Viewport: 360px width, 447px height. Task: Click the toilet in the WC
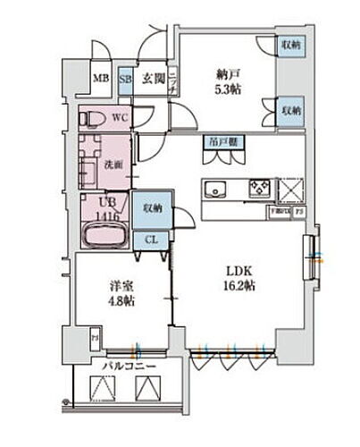tap(94, 117)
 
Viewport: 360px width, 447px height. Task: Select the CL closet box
tap(151, 240)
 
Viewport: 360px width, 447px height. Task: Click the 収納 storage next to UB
tap(151, 208)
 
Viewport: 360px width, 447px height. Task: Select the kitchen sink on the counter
tap(216, 189)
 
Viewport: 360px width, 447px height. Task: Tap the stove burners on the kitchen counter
tap(259, 189)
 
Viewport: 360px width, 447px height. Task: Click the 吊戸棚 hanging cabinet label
tap(220, 141)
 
